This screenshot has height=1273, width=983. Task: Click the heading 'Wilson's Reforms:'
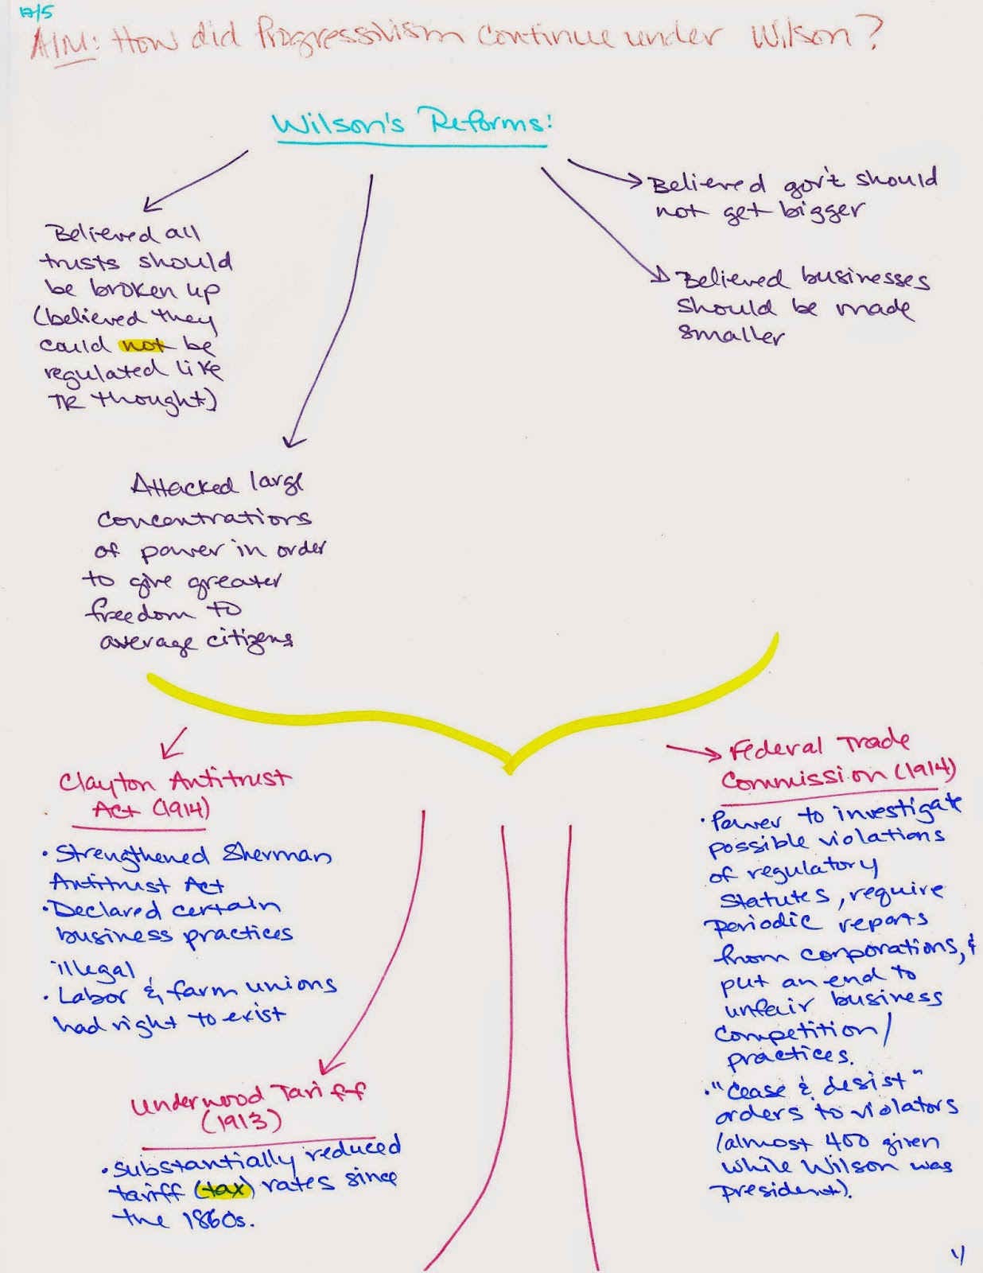tap(411, 123)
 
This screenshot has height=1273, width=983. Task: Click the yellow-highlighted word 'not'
tap(143, 345)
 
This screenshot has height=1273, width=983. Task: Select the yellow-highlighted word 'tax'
tap(225, 1189)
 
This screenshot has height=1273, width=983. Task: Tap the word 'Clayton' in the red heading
tap(107, 783)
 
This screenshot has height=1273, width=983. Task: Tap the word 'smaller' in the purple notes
tap(731, 333)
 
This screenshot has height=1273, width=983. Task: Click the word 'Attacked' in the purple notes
tap(184, 485)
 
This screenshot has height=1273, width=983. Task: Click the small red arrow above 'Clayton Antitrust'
tap(173, 742)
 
